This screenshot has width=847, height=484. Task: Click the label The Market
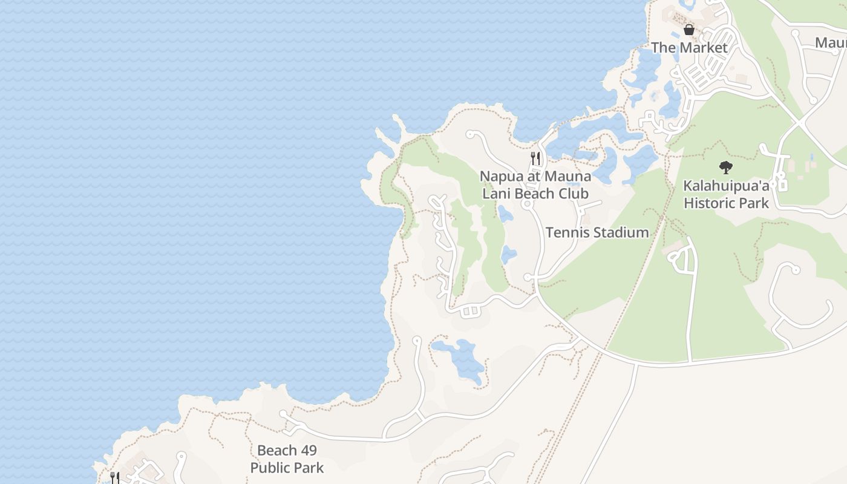[x=689, y=47]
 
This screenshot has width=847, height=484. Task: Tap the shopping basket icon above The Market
[x=688, y=29]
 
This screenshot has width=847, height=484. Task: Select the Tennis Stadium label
[x=597, y=232]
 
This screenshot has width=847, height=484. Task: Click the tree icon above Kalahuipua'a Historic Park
[x=725, y=167]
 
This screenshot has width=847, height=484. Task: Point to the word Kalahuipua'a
[x=726, y=186]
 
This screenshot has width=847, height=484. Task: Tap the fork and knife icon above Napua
[x=535, y=159]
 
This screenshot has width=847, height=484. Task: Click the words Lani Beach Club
[x=535, y=194]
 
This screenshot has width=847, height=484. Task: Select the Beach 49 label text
[x=287, y=451]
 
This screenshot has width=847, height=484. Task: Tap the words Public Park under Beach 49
[x=287, y=468]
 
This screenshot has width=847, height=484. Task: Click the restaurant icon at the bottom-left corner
[x=114, y=477]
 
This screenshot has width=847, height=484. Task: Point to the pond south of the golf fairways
[x=460, y=357]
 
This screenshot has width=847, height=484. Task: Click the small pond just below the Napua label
[x=505, y=214]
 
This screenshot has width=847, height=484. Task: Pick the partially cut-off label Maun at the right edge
[x=831, y=42]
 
